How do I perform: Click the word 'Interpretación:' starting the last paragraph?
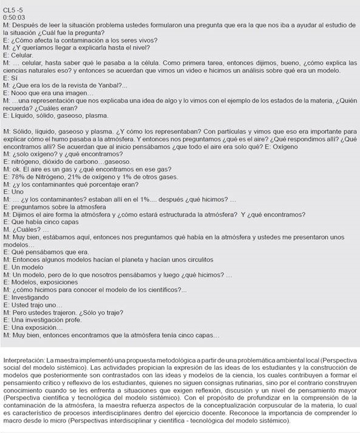tap(24, 352)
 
